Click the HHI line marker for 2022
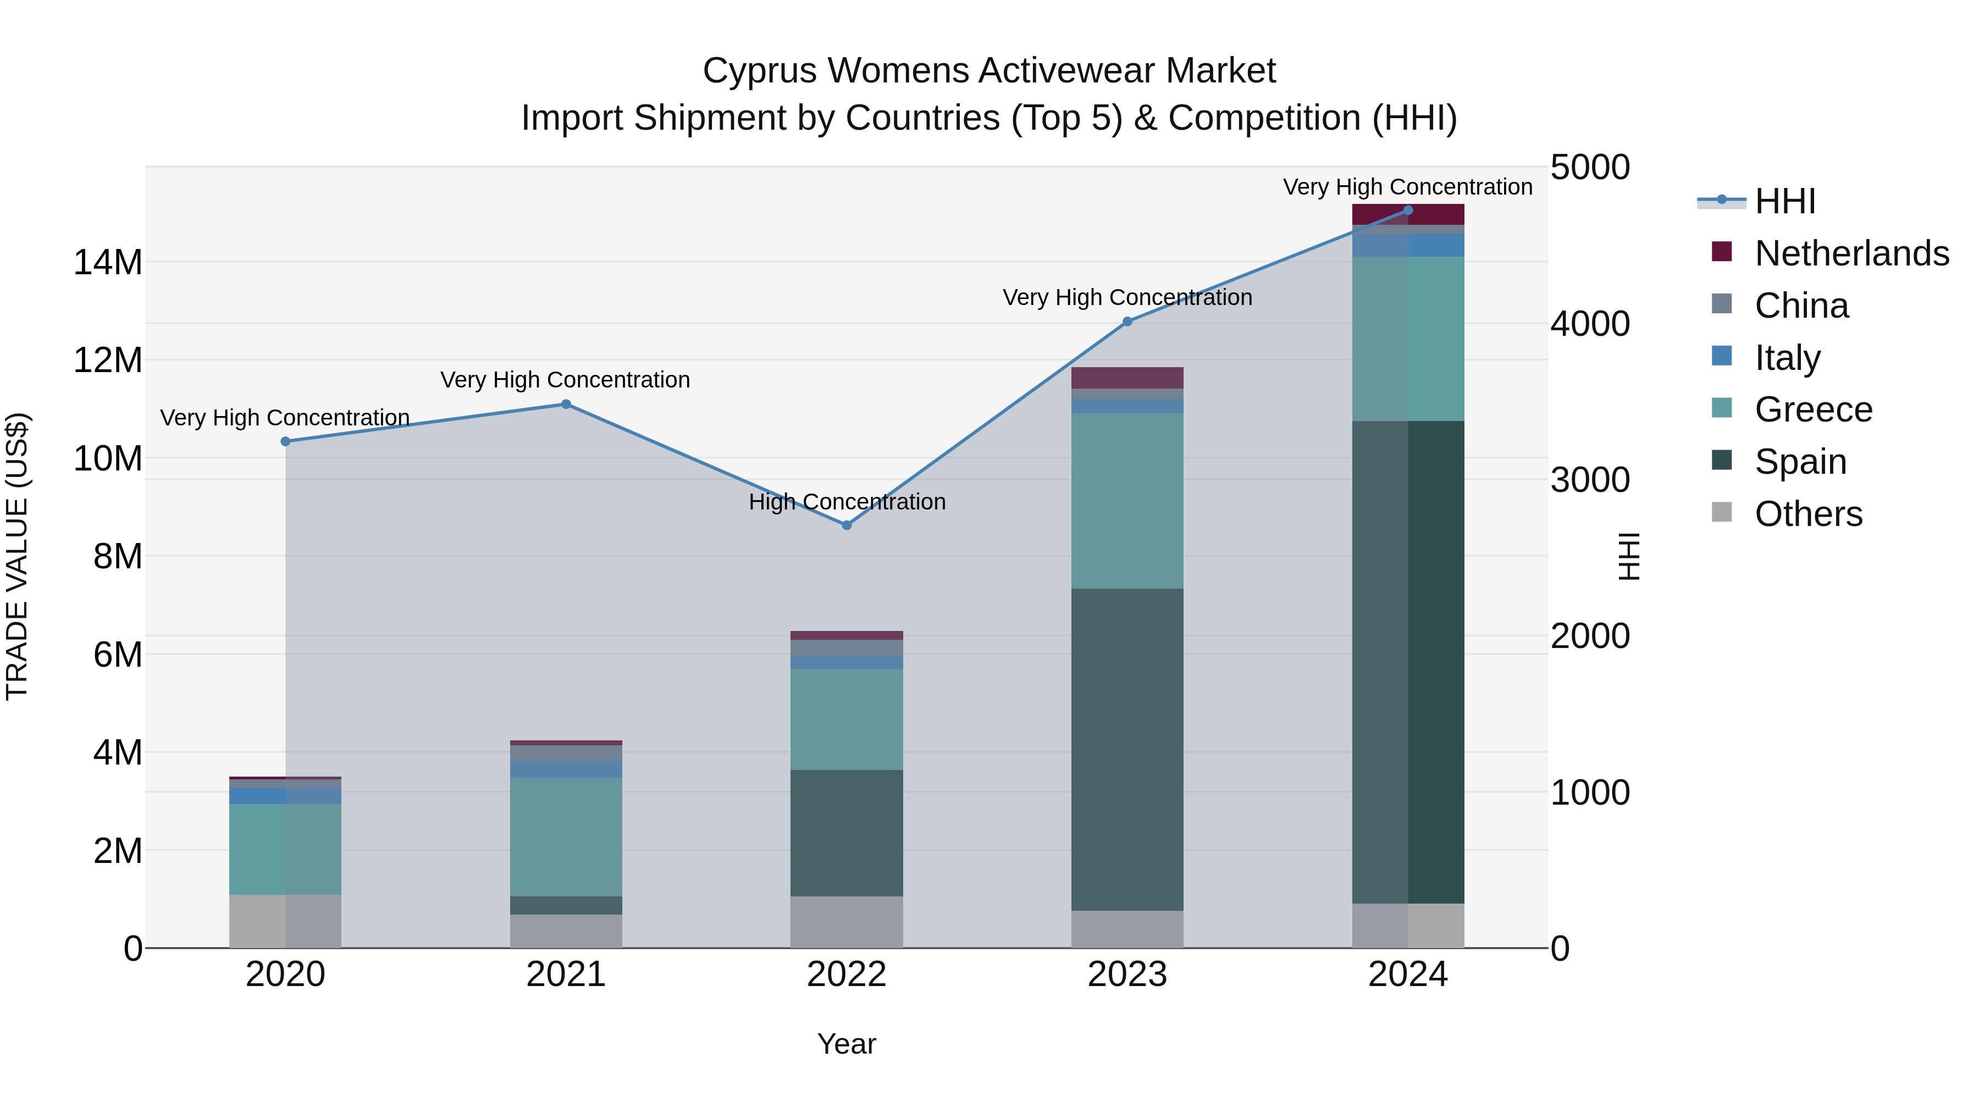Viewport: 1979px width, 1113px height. [847, 525]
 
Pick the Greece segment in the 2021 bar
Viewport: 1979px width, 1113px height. [566, 837]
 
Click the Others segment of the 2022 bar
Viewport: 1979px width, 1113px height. [847, 922]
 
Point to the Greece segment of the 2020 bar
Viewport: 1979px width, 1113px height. [285, 849]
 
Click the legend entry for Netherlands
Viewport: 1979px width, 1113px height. [1851, 253]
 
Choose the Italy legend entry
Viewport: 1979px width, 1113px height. [1787, 358]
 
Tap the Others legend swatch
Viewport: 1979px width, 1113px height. [1722, 512]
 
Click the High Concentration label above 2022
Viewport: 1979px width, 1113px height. [847, 502]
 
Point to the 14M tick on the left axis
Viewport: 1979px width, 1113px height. [108, 263]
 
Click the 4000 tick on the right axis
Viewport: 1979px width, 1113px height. [1589, 323]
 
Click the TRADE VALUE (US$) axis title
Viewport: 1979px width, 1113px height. [17, 556]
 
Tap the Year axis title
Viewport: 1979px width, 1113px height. [847, 1044]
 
